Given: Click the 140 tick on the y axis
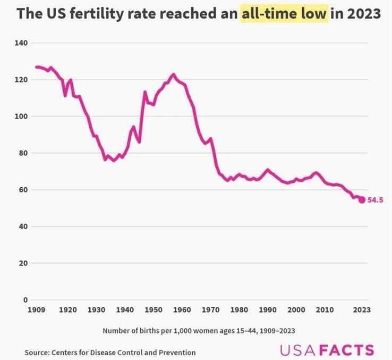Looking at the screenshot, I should click(22, 43).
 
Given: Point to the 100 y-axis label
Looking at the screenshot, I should click(22, 116).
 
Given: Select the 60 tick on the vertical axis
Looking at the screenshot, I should click(24, 190).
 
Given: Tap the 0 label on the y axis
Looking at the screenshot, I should click(26, 300).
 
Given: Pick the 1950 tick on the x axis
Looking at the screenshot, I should click(154, 309).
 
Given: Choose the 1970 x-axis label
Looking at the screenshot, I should click(211, 309).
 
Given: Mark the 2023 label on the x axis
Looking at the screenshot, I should click(361, 309).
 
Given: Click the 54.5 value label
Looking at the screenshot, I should click(375, 200).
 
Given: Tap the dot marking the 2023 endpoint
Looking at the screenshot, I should click(362, 199).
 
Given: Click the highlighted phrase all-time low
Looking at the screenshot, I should click(284, 14).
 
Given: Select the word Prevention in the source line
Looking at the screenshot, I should click(177, 352).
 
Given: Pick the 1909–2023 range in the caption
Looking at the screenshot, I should click(276, 330).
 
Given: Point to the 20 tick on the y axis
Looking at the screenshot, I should click(24, 263).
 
